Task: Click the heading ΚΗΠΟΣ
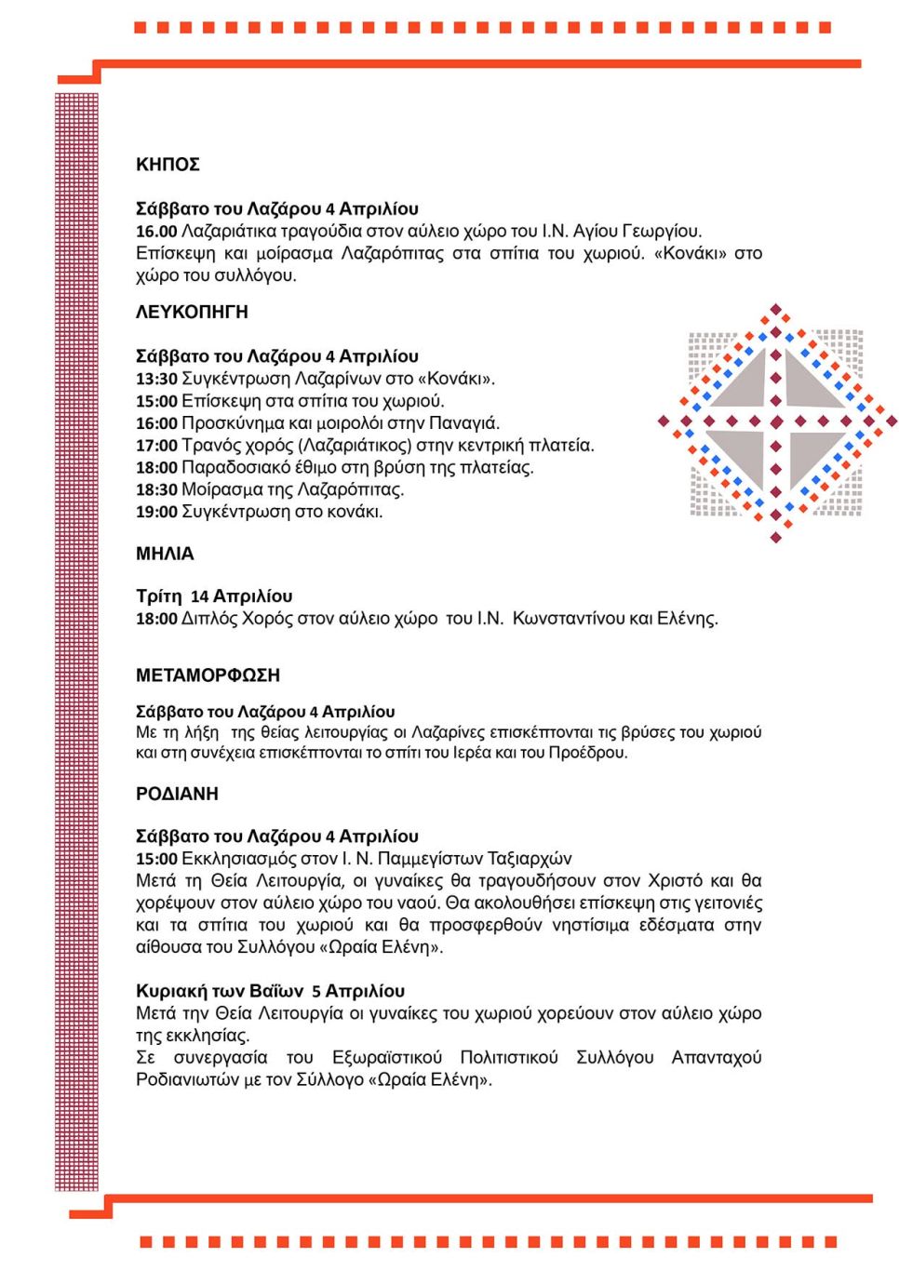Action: coord(168,165)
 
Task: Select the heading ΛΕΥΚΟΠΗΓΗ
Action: coord(192,313)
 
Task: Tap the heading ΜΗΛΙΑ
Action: coord(165,554)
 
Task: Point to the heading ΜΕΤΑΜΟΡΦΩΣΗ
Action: coord(208,676)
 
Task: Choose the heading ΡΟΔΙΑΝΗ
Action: coord(177,794)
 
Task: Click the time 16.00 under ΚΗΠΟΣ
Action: coord(156,231)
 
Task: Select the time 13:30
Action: coord(156,379)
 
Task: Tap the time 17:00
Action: coord(156,446)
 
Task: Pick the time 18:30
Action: coord(156,489)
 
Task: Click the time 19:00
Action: coord(156,512)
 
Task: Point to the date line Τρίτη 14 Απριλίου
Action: coord(214,596)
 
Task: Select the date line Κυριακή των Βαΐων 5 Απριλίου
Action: coord(270,991)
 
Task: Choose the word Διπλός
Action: coord(209,619)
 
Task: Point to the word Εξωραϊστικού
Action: coord(387,1058)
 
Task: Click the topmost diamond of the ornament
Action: coord(775,310)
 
